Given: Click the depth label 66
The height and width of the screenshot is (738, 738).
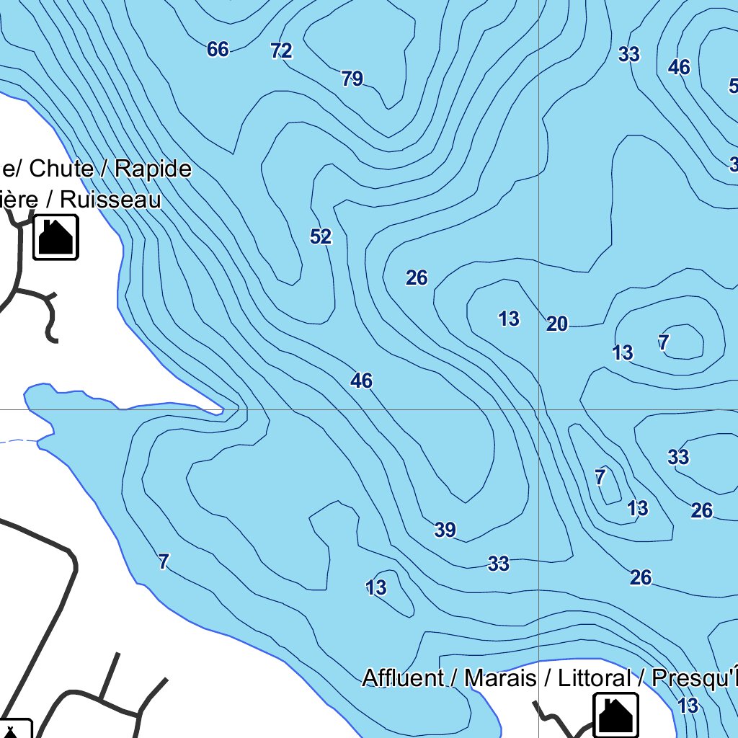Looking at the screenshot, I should point(218,49).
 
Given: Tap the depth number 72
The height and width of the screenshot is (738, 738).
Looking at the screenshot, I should point(281,50).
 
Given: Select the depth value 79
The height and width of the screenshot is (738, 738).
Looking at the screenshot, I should point(352,79).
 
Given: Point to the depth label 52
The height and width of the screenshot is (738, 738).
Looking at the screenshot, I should point(321,236).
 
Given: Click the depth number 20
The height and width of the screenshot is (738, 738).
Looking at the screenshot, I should point(557,324).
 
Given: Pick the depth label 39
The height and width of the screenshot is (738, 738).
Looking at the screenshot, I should point(445,530).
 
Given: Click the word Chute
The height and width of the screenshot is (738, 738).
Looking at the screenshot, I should point(62,169).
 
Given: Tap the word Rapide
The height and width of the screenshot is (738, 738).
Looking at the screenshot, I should point(154,169).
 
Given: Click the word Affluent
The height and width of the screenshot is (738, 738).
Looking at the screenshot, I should point(403,678).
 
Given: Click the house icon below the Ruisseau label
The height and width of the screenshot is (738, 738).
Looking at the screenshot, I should point(55,236).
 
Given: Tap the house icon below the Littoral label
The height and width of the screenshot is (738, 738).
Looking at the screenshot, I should point(615,715).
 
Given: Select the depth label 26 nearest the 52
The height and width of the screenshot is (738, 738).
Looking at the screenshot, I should point(417,277).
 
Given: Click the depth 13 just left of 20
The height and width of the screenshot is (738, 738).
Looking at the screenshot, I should point(509,319).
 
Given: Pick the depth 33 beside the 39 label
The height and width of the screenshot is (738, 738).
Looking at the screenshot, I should point(499,564).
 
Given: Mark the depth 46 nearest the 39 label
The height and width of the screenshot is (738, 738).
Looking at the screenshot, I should point(361,381).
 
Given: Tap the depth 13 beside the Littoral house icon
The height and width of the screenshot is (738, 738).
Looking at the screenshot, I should point(688,706).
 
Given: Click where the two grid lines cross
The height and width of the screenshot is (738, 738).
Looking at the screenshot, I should point(539,409).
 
